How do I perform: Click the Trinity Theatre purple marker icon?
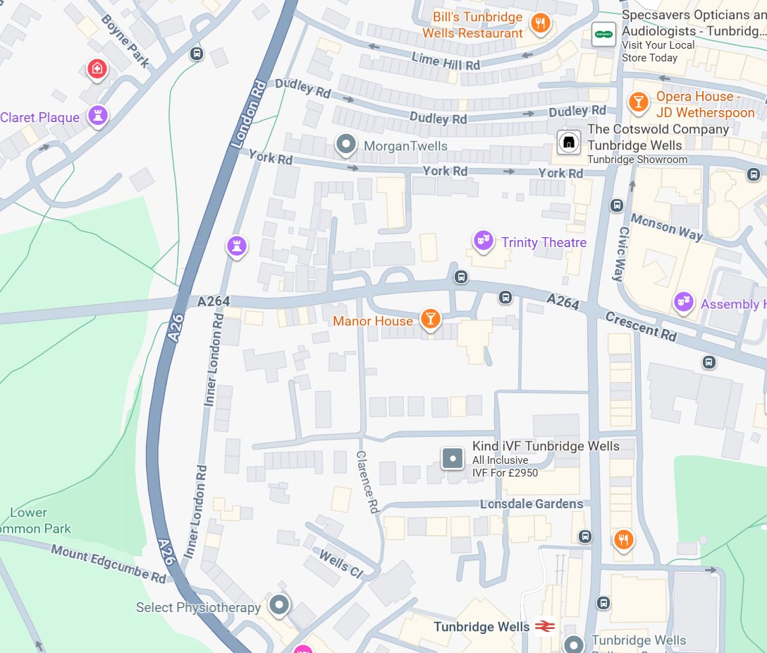coord(483,241)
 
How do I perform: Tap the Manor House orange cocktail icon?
coord(430,319)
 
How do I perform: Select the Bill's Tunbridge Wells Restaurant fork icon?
coord(540,23)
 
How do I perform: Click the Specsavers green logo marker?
coord(603,34)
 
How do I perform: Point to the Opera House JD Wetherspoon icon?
coord(638,102)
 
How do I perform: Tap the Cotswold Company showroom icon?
coord(568,143)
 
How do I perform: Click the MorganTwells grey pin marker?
coord(345,145)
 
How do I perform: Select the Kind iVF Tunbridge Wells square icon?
coord(452,458)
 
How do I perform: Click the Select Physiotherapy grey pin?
coord(280,605)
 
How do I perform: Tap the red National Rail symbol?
coord(545,626)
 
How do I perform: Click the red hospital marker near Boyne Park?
coord(97,69)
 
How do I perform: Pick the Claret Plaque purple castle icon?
coord(98,116)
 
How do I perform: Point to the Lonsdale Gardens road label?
coord(532,504)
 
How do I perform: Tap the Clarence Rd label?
coord(367,482)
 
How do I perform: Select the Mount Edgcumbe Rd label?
coord(108,563)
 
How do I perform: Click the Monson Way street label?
coord(665,227)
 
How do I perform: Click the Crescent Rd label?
coord(640,327)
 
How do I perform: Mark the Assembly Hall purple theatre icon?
coord(683,302)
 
